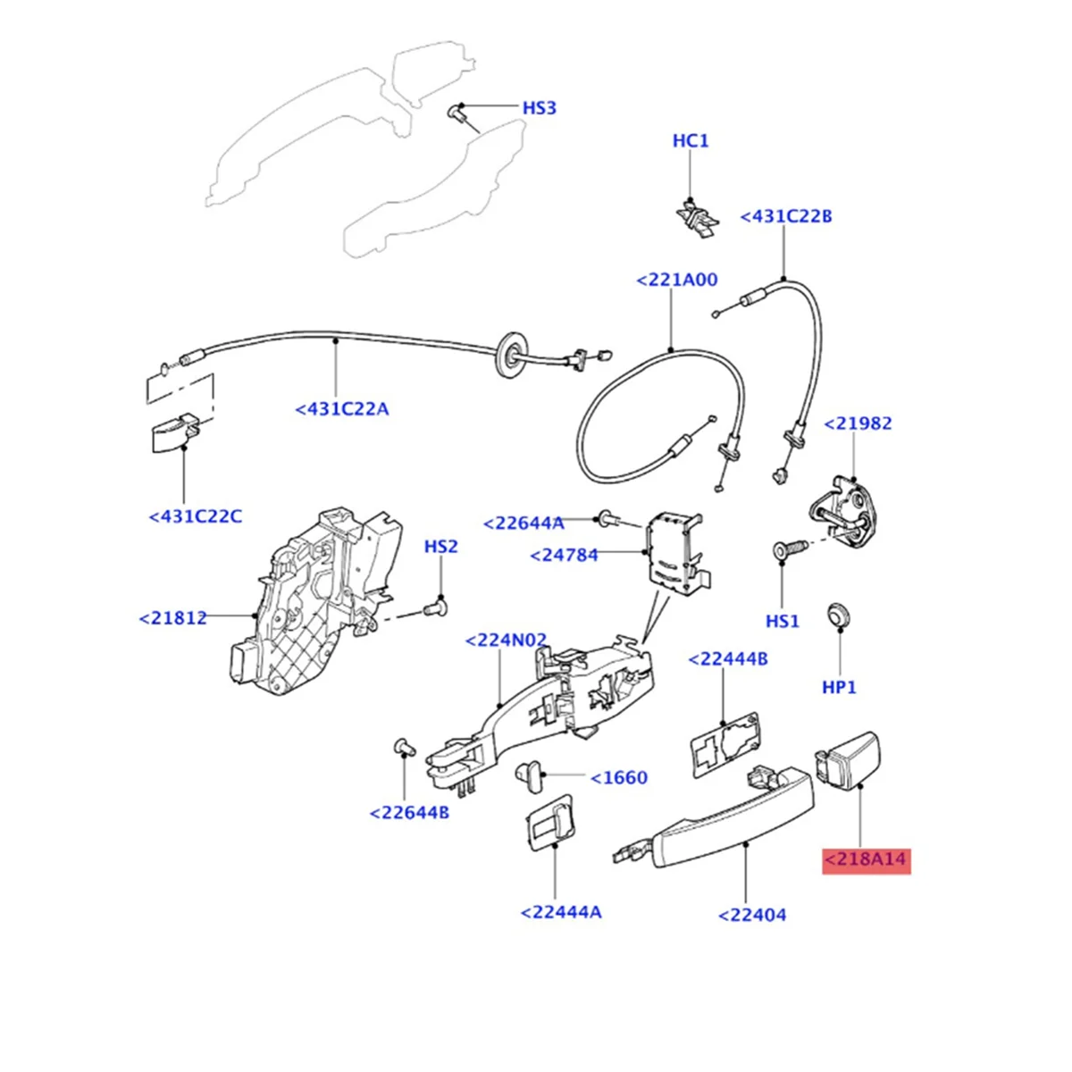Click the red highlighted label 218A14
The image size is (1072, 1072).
866,860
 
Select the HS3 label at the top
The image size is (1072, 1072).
539,108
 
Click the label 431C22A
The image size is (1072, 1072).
342,409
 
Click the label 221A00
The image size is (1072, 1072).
676,280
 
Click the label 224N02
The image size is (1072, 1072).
507,641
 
